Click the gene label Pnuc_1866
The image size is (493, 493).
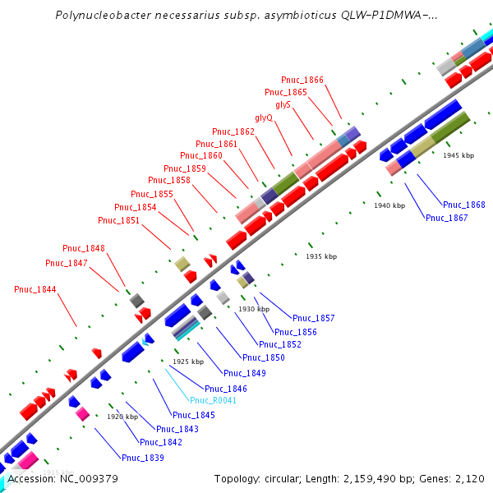302,80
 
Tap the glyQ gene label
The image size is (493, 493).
264,118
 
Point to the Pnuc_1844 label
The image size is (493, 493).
35,289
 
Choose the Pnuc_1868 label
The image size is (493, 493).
463,205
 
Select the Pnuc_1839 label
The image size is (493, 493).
143,458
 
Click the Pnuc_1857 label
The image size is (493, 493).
314,318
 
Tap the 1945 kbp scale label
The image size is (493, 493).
458,155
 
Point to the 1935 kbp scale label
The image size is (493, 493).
321,256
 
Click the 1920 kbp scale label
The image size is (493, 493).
122,417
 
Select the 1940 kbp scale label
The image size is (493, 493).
389,205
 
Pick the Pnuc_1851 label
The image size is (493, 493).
118,220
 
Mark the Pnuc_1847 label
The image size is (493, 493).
66,263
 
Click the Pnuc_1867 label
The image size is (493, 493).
446,218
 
